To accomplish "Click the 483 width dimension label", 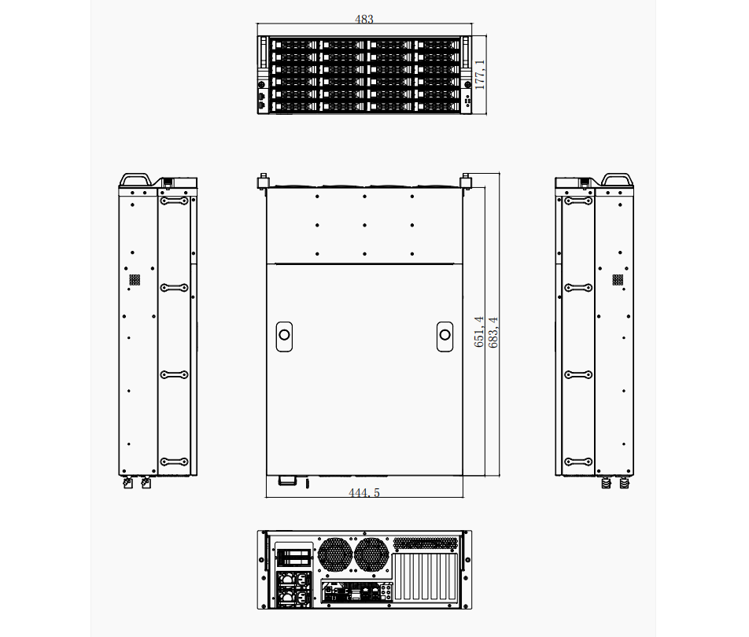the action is pyautogui.click(x=364, y=19).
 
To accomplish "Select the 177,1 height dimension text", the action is pyautogui.click(x=480, y=75).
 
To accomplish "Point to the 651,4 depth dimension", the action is pyautogui.click(x=479, y=331).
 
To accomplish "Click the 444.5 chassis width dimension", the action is pyautogui.click(x=364, y=492).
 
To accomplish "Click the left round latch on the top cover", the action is pyautogui.click(x=284, y=335).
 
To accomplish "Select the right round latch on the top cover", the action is pyautogui.click(x=445, y=335).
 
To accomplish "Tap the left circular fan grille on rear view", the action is pyautogui.click(x=335, y=554).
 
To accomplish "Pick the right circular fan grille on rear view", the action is pyautogui.click(x=371, y=554).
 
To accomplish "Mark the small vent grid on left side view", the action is pyautogui.click(x=135, y=280).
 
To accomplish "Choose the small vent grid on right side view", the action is pyautogui.click(x=618, y=280).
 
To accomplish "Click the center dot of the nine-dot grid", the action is pyautogui.click(x=364, y=225).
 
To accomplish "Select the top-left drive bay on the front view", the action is pyautogui.click(x=293, y=45).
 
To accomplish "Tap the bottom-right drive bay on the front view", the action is pyautogui.click(x=437, y=107).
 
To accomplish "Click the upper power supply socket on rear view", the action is pyautogui.click(x=293, y=580).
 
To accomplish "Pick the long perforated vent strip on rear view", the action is pyautogui.click(x=425, y=543).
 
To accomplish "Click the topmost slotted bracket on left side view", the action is pyautogui.click(x=175, y=201).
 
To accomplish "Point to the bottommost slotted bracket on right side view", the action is pyautogui.click(x=578, y=462).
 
